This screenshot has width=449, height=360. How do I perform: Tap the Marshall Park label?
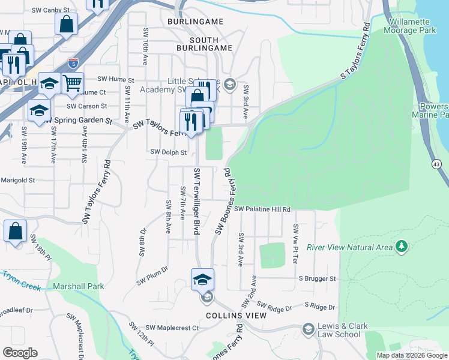77,286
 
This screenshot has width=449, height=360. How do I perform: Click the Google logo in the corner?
20,353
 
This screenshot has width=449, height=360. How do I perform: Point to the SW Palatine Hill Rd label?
262,209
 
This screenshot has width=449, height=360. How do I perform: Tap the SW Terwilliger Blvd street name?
196,201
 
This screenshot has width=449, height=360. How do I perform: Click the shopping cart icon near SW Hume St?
72,83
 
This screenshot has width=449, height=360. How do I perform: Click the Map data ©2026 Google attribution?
411,355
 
